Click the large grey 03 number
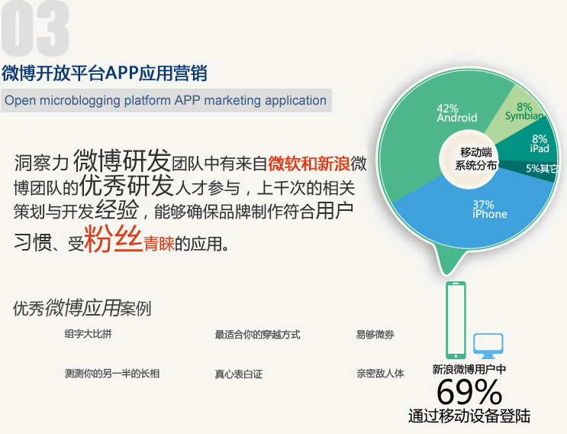tap(35, 28)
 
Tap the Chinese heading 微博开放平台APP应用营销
tap(104, 73)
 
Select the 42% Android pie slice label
tap(456, 113)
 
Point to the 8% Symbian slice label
tap(524, 112)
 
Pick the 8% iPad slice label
tap(540, 144)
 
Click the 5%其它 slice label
tap(541, 168)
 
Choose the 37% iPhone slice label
tap(490, 209)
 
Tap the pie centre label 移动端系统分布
tap(476, 159)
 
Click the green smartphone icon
tap(456, 320)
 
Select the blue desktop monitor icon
tap(488, 345)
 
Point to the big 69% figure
tap(469, 392)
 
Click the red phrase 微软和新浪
tap(309, 164)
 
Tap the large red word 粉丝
tap(113, 238)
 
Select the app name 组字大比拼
tap(89, 334)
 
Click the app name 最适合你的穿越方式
tap(257, 335)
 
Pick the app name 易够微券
tap(375, 335)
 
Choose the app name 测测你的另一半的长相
tap(112, 373)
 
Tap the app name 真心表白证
tap(239, 374)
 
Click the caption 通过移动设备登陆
tap(469, 416)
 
